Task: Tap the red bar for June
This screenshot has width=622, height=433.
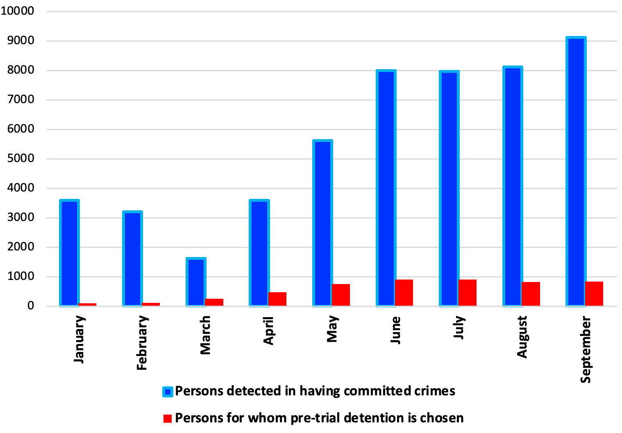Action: tap(404, 293)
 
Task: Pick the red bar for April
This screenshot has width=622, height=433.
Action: tap(277, 299)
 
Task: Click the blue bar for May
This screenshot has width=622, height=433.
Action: tap(322, 223)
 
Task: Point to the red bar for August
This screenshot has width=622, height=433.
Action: tap(531, 294)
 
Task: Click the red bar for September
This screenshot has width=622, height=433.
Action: tap(594, 293)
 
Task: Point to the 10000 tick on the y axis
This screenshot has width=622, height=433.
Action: tap(17, 11)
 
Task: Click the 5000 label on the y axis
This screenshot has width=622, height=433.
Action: tap(20, 158)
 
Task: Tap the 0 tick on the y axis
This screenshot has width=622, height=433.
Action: tap(31, 306)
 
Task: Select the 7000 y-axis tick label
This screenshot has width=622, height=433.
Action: tap(20, 99)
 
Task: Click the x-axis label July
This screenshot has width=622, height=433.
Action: tap(459, 327)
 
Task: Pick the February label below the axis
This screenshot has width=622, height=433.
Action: tap(142, 343)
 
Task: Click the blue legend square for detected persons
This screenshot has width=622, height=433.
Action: tap(168, 392)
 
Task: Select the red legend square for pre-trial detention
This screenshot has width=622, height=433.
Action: tap(168, 418)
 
